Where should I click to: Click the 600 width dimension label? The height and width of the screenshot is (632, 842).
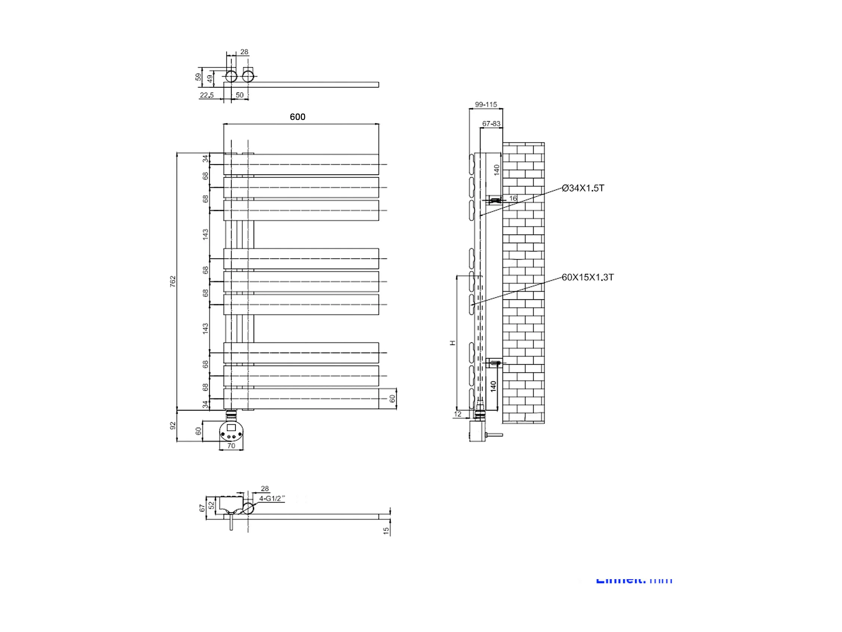297,117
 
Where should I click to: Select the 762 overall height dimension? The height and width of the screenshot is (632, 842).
173,281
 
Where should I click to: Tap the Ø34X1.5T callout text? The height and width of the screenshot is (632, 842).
583,188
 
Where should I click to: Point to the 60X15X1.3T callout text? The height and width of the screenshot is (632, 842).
588,277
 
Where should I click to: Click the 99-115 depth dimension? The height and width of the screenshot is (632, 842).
486,105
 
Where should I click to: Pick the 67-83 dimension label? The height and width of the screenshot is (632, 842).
491,123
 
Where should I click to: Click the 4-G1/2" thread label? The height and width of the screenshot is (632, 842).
272,498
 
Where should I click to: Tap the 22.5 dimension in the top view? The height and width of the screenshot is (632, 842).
207,95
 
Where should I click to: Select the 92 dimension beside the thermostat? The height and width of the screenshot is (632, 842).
173,426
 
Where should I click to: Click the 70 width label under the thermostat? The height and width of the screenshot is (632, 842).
231,446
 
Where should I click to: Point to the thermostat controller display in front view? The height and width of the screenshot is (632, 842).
231,427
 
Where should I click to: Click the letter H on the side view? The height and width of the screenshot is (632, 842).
452,343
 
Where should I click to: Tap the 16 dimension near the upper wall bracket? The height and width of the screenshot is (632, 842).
513,198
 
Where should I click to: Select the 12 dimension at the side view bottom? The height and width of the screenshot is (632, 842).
458,414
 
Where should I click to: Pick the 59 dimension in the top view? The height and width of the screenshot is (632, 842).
198,77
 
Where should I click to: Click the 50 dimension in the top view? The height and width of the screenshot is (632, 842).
240,95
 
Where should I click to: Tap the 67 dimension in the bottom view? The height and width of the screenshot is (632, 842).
202,508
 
